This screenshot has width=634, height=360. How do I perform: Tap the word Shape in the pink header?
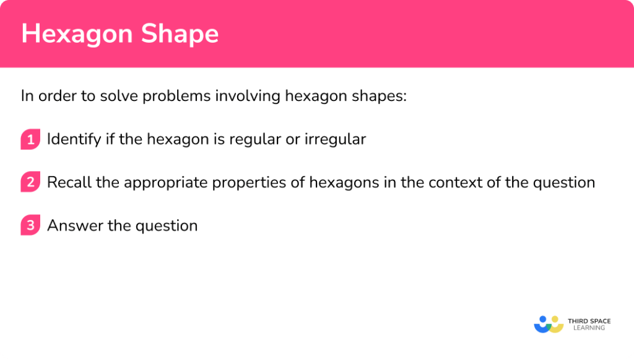181,34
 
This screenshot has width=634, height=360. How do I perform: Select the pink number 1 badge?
29,140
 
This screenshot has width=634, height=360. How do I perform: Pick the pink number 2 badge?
29,183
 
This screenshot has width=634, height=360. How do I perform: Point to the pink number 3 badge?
29,226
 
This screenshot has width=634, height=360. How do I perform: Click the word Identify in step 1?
70,139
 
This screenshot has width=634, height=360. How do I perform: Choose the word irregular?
335,139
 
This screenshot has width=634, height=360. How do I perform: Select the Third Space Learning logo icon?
548,324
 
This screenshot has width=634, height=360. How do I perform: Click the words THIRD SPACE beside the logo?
589,320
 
